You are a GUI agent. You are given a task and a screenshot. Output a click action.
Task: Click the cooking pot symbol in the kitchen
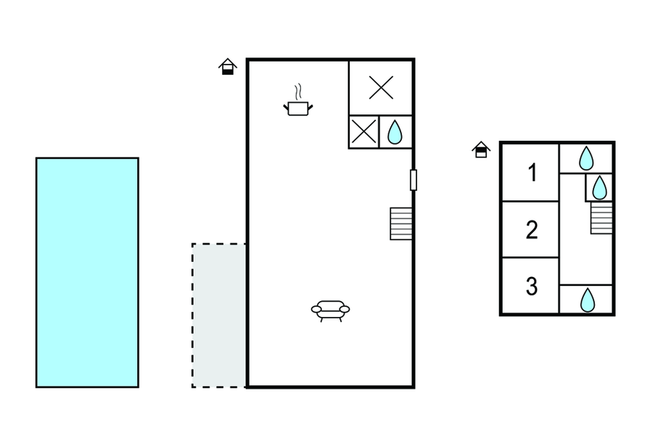[x=297, y=108]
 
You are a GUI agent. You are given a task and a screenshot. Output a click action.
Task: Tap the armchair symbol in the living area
[x=330, y=310]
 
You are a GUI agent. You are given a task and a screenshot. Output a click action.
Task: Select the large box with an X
[x=381, y=88]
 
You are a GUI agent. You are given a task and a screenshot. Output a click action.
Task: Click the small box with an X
[x=363, y=133]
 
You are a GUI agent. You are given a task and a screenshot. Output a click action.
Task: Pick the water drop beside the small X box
[x=395, y=132]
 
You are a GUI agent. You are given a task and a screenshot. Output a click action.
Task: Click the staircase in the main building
[x=401, y=223]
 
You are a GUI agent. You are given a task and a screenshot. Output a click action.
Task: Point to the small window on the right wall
[x=414, y=179]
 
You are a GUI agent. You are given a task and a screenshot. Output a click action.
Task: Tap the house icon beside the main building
[x=228, y=67]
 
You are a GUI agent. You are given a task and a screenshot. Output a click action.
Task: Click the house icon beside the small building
[x=481, y=149]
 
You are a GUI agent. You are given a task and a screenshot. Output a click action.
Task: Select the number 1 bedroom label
[x=532, y=173]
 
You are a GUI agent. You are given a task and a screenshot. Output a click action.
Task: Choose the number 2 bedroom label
[x=532, y=230]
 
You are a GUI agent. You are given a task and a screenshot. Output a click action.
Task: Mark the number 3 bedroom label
[x=532, y=286]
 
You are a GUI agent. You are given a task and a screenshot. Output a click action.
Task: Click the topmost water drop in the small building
[x=586, y=157]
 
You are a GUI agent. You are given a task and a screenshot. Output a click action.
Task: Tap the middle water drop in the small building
[x=599, y=187]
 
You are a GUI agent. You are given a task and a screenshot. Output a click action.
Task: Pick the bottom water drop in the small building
[x=586, y=299]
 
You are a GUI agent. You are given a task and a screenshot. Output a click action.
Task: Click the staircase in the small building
[x=601, y=218]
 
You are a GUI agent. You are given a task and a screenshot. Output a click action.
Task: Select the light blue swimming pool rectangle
[x=87, y=272]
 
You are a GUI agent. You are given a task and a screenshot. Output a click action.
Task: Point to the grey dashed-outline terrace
[x=219, y=315]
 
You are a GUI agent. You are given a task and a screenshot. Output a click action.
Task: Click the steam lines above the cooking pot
[x=297, y=92]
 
